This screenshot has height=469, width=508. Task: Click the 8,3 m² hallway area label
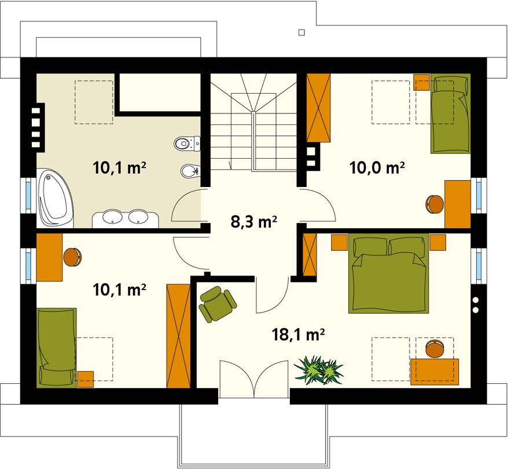pos(254,221)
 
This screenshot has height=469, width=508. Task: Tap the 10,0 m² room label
pos(376,168)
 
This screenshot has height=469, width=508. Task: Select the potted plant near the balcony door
pos(319,369)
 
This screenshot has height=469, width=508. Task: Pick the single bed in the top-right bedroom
pos(449,114)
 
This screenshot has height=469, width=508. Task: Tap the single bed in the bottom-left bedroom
pos(56,347)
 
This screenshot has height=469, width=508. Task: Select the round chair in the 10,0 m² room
pos(435,204)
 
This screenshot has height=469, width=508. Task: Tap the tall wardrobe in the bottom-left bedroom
pos(178,335)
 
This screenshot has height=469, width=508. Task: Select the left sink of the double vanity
pos(111,217)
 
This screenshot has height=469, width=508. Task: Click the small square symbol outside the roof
pos(301,32)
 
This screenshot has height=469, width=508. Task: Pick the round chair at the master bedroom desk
pos(434,349)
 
